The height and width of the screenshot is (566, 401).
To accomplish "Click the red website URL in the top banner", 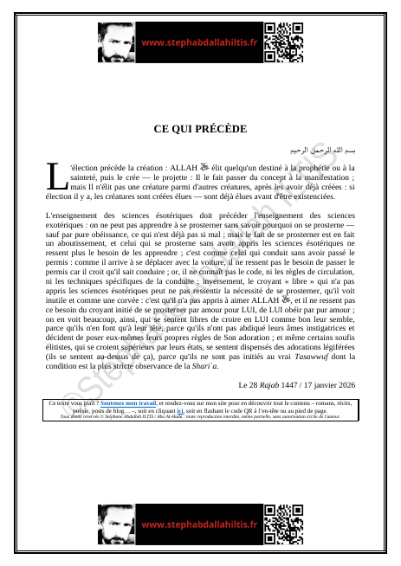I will pyautogui.click(x=199, y=42).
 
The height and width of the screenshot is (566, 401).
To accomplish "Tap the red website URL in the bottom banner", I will pyautogui.click(x=199, y=524).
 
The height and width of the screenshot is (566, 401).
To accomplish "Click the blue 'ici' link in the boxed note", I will pyautogui.click(x=253, y=410).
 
